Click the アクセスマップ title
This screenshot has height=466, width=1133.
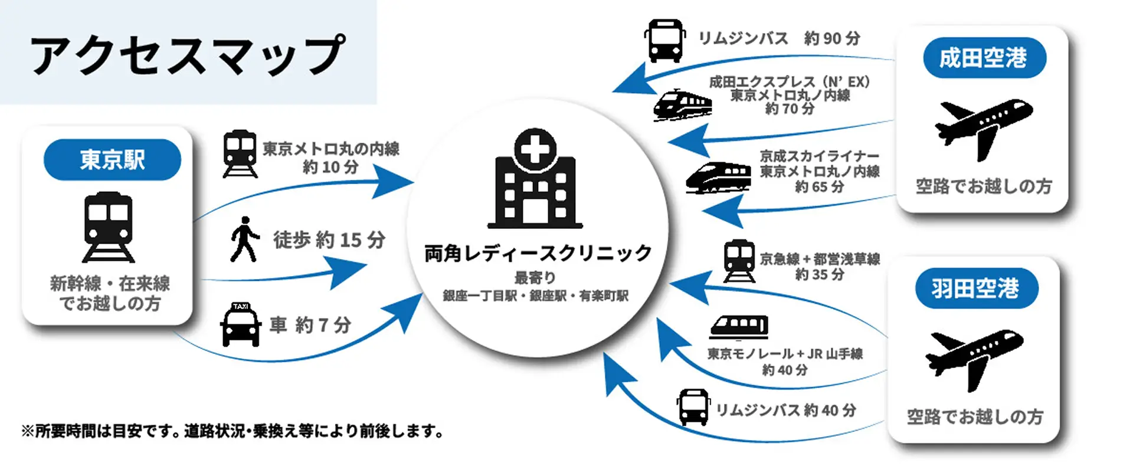(188, 54)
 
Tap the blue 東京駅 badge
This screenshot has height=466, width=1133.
(112, 159)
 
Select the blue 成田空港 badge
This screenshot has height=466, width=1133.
(984, 58)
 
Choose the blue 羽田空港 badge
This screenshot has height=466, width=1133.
(975, 288)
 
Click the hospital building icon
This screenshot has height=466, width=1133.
(535, 180)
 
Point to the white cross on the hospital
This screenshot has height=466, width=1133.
(535, 147)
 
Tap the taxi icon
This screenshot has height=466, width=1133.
(240, 324)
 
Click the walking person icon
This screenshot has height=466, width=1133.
(244, 239)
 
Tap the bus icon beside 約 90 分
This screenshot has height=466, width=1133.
(664, 41)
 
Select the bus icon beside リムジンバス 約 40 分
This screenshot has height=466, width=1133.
(693, 407)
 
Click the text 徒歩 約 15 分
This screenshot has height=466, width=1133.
(329, 240)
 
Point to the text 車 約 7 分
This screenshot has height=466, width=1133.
(310, 325)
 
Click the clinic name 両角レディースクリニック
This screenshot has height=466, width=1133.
(538, 254)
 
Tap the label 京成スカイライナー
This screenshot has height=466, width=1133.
(819, 156)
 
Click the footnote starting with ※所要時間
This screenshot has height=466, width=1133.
(233, 431)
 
